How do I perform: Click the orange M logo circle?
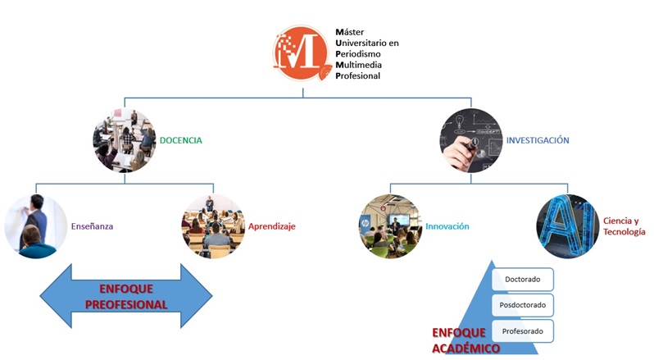click(304, 52)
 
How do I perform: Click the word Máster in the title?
click(352, 32)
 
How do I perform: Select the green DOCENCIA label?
click(180, 140)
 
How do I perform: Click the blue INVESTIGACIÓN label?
click(537, 140)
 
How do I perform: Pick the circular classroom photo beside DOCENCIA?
click(124, 140)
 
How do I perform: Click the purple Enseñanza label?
click(93, 226)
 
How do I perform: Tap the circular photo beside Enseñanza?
click(35, 226)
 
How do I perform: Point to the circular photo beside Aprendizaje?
click(212, 226)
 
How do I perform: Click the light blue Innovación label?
click(447, 226)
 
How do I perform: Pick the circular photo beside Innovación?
click(390, 226)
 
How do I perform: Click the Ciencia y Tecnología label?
click(625, 226)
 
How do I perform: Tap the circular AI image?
click(567, 226)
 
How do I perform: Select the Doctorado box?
click(522, 280)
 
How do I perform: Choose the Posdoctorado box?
click(522, 305)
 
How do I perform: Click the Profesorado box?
click(522, 330)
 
